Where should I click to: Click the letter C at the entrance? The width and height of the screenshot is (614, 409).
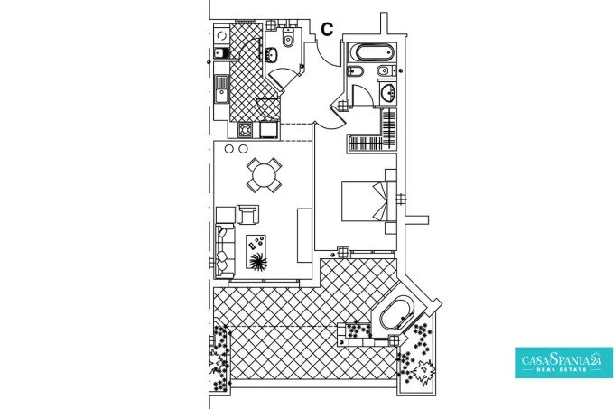tap(327, 30)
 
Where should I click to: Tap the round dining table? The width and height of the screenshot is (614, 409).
tap(264, 175)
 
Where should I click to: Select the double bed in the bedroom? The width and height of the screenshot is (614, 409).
tap(364, 201)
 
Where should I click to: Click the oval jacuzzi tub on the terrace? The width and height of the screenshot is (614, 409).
tap(396, 314)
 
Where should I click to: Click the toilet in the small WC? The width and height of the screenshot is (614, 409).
tap(288, 38)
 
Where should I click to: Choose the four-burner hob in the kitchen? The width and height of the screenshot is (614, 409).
tap(245, 129)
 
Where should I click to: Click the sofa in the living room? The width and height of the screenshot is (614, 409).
tap(224, 250)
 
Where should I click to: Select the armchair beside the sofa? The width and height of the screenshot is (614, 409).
tap(248, 215)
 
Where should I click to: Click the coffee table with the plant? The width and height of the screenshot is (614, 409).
tap(256, 252)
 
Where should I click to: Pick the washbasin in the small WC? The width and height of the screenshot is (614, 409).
tap(272, 55)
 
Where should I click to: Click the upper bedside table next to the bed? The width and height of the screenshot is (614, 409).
tap(391, 174)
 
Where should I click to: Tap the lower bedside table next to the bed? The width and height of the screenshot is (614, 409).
tap(391, 228)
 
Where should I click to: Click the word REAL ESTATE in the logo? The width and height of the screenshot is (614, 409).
tap(563, 369)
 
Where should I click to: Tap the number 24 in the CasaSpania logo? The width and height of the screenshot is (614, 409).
tap(596, 359)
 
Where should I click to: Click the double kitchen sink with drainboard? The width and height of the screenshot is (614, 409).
tap(221, 89)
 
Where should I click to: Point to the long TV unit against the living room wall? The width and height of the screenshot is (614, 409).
tap(304, 236)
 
